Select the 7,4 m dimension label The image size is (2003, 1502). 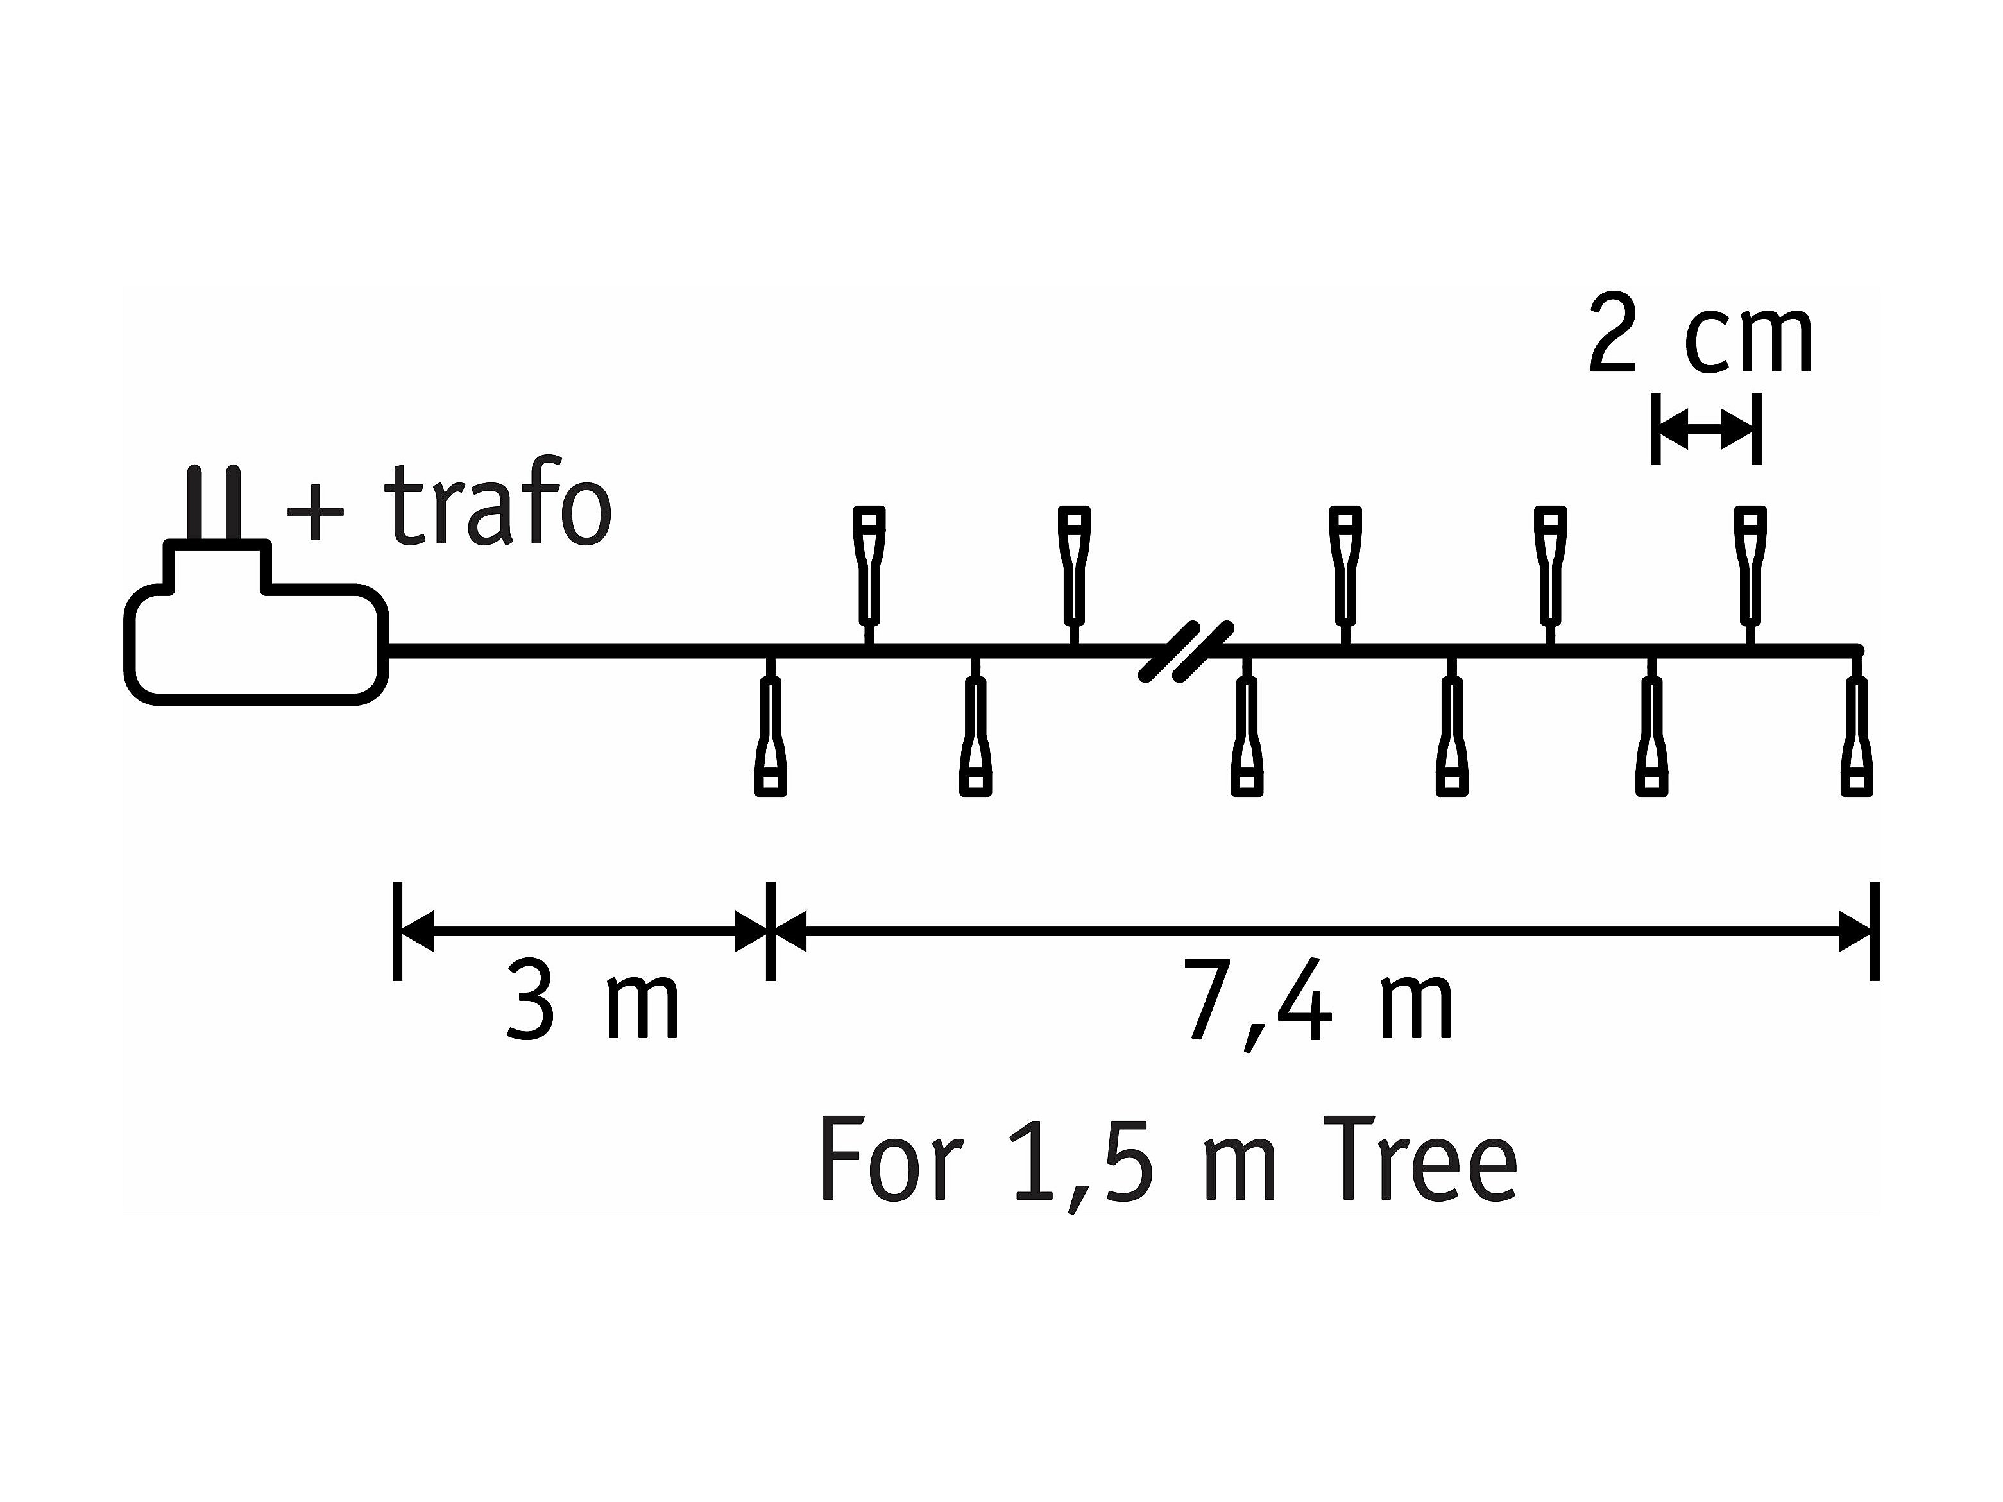pos(1318,1005)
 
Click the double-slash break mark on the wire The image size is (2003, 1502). pos(1186,651)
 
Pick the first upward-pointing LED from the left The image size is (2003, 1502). pos(869,567)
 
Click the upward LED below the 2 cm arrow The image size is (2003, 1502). pos(1750,567)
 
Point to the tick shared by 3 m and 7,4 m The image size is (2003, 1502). pos(771,931)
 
